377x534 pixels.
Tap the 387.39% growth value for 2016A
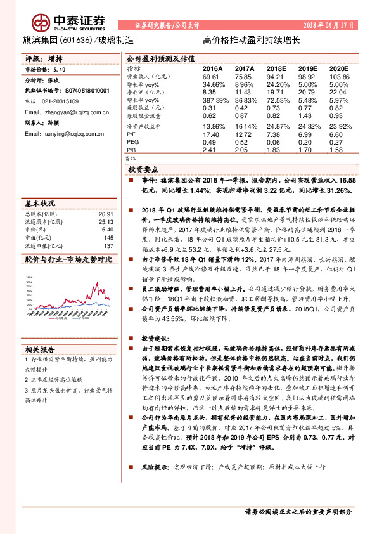point(214,100)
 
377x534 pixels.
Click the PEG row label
point(133,143)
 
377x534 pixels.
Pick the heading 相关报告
point(40,348)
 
